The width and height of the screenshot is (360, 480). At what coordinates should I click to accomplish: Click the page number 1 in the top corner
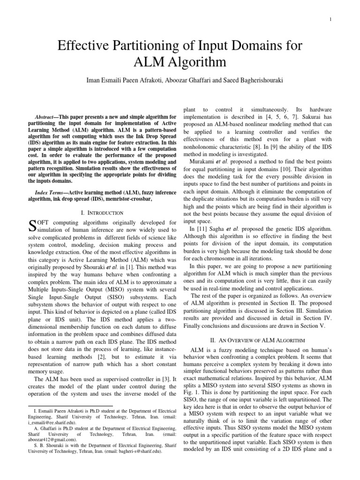(344, 19)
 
